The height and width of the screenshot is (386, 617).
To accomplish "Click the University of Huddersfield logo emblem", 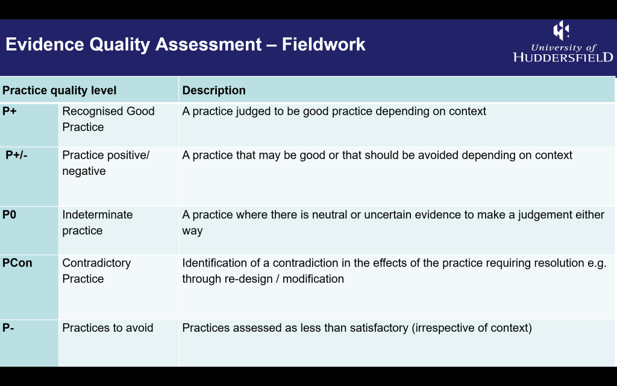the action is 561,30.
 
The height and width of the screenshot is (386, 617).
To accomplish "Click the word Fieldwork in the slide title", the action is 324,44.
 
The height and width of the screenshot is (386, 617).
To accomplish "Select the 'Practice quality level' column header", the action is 60,90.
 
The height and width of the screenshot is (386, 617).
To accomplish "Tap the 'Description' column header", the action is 214,90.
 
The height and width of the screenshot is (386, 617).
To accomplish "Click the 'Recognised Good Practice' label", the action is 108,119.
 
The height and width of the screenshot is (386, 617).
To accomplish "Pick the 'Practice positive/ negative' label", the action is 106,163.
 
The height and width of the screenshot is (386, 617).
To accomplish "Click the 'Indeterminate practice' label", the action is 98,223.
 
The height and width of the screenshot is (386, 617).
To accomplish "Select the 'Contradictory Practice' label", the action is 96,271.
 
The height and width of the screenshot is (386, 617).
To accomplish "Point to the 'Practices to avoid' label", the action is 108,327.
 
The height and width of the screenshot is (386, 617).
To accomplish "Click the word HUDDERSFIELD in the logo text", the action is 563,57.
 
